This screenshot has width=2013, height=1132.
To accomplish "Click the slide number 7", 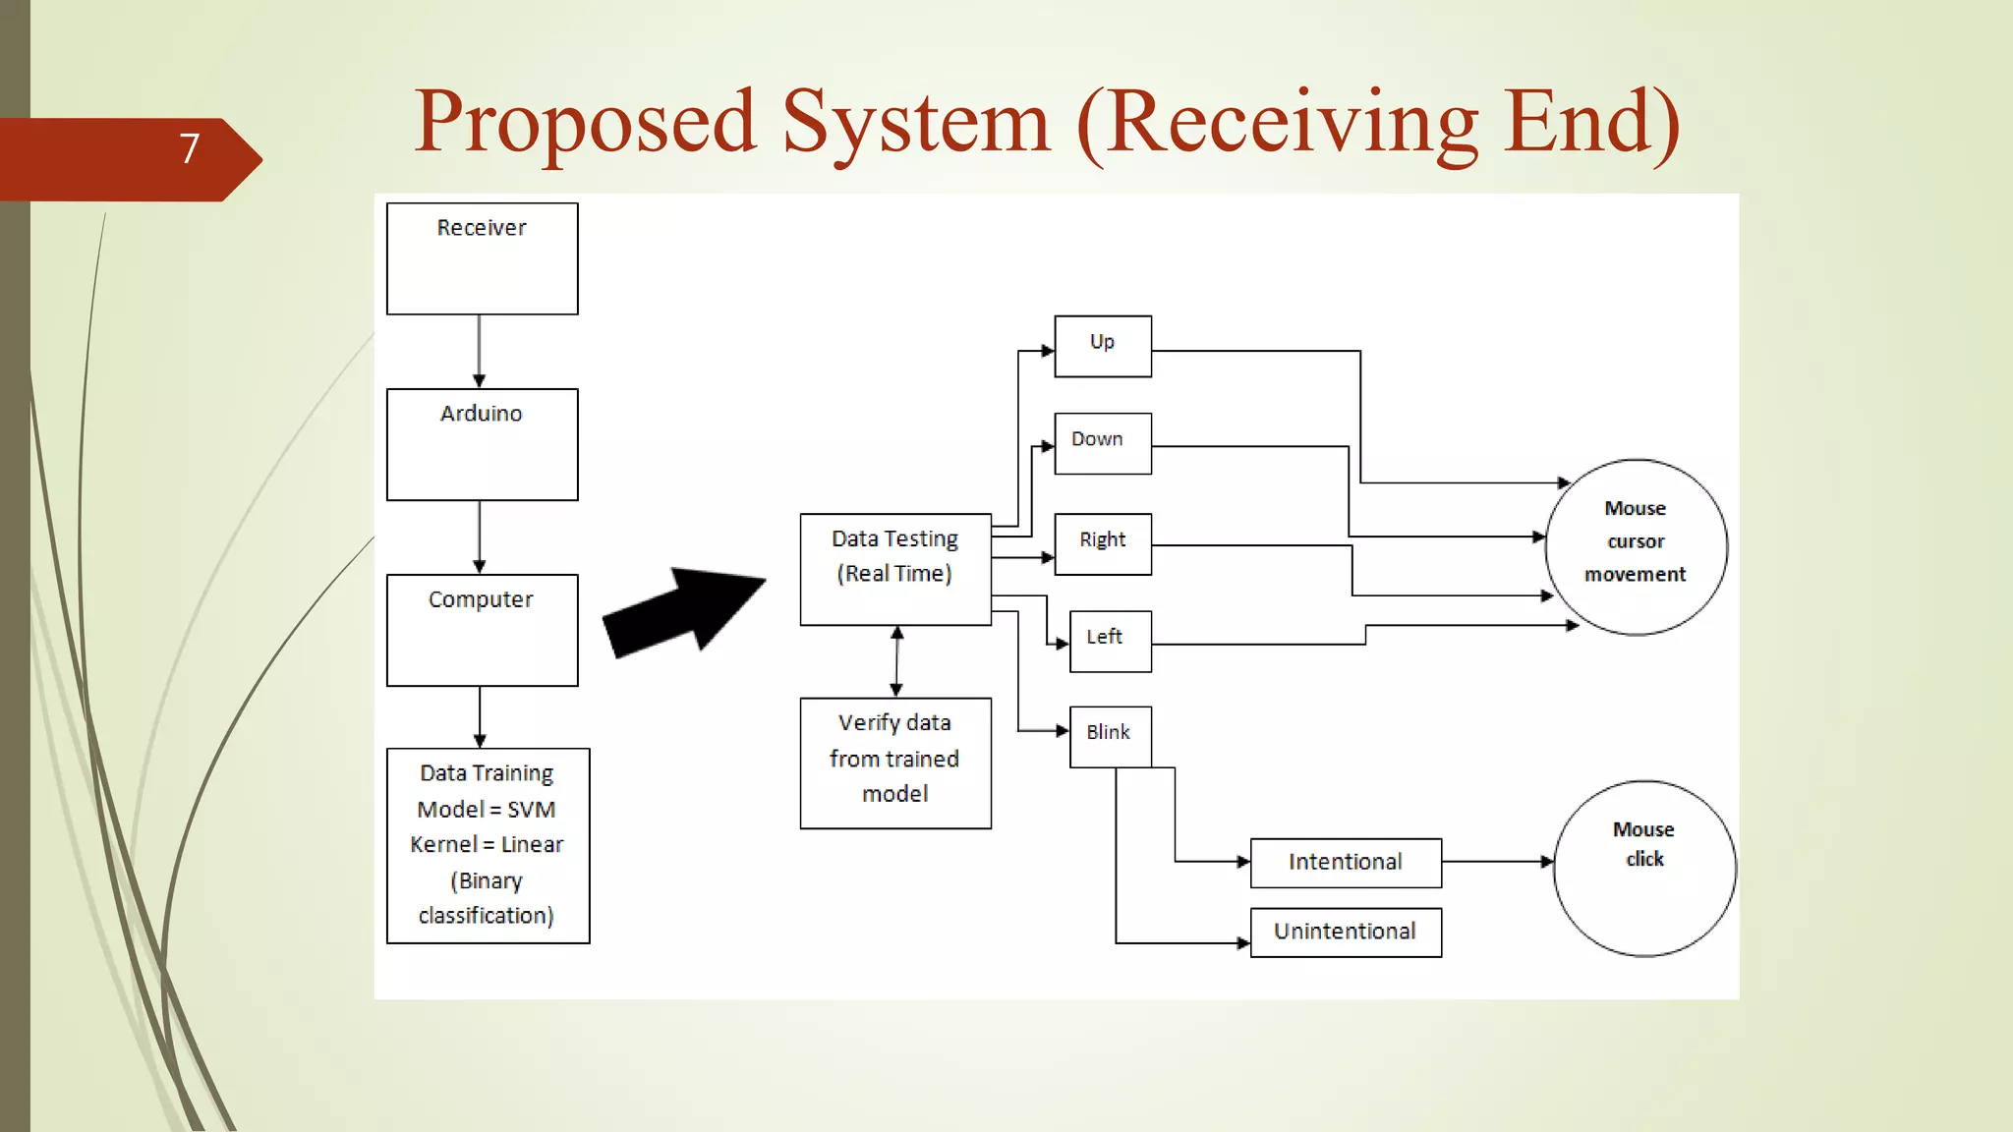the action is (190, 149).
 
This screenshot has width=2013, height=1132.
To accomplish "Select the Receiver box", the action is (482, 258).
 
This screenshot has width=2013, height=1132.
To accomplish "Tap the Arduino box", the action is (482, 444).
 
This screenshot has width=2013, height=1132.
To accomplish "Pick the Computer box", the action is (482, 630).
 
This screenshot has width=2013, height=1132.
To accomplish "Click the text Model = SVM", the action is (487, 810).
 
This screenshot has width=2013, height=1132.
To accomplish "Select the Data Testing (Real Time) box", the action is (894, 569).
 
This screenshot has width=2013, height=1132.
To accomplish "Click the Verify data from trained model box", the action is (894, 763).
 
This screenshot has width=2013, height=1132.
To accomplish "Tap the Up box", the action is (1102, 346).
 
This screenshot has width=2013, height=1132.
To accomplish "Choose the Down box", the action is (1102, 443).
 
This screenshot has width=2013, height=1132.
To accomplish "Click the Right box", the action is (1102, 543).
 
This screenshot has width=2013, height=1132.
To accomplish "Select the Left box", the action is (1110, 641).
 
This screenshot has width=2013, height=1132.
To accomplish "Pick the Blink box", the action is (1110, 736).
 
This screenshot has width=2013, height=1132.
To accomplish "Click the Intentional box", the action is (1345, 863).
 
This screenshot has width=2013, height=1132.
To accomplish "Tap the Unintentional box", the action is (1345, 932).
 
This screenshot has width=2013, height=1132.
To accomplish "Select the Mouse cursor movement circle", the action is (1636, 546).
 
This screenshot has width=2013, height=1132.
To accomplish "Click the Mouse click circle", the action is (1643, 868).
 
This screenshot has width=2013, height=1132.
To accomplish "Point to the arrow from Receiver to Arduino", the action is (479, 351).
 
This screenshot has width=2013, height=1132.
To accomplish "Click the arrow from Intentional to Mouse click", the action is (1496, 862).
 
